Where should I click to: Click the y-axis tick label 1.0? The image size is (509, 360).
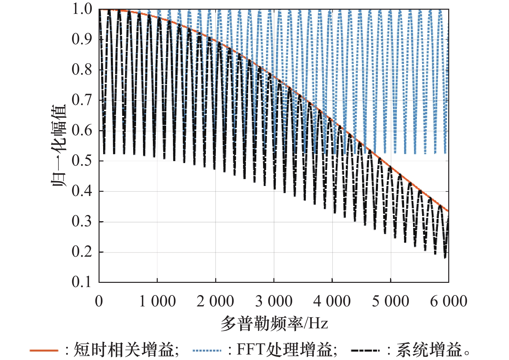[82, 9]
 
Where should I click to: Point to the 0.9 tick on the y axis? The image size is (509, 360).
[82, 39]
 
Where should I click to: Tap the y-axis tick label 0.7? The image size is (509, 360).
[82, 100]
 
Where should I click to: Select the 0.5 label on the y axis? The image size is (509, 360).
[82, 161]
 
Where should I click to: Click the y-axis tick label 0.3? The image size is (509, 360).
[82, 221]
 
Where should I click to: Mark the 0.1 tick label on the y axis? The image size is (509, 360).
[82, 282]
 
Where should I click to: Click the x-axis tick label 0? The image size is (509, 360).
[99, 301]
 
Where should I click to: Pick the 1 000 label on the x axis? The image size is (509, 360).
[157, 301]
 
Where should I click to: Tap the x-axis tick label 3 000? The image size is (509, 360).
[274, 301]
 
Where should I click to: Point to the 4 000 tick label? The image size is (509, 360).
[332, 301]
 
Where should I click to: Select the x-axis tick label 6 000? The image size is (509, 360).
[449, 301]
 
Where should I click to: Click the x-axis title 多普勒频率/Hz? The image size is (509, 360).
[274, 323]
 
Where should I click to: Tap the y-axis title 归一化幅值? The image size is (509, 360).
[59, 145]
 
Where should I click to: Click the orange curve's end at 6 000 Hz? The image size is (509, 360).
[448, 211]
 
